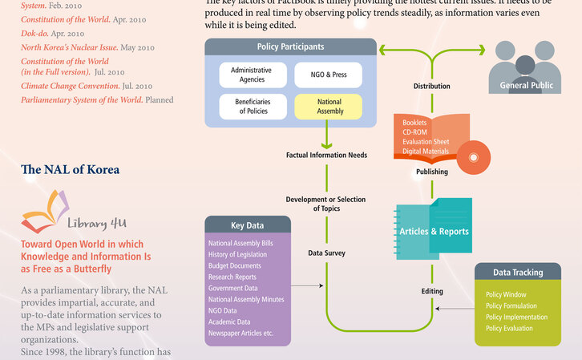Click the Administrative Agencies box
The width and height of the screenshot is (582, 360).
(252, 75)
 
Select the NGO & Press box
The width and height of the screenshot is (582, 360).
(329, 75)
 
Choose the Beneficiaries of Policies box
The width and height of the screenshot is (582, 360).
(252, 107)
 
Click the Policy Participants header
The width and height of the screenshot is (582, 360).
(290, 47)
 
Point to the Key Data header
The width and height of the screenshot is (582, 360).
(247, 225)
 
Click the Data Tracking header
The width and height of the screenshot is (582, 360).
(517, 273)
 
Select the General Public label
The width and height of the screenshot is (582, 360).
(527, 85)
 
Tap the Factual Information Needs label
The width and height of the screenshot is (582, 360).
(326, 155)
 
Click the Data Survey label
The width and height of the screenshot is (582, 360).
(326, 253)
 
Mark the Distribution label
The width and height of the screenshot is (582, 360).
(431, 86)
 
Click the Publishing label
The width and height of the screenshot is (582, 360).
(431, 172)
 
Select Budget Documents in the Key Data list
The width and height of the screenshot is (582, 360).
(234, 265)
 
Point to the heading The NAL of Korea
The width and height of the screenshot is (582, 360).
(70, 170)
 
